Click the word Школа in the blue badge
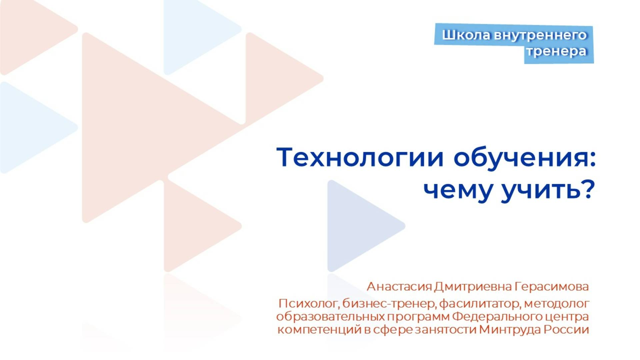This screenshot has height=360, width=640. tap(466, 35)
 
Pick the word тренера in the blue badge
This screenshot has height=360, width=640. tap(556, 51)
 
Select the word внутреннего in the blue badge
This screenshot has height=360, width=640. tap(540, 35)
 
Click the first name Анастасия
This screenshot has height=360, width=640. tap(399, 286)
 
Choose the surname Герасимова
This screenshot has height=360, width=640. tap(552, 286)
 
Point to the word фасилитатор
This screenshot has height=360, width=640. tap(480, 304)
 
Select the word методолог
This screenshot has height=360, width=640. tap(557, 304)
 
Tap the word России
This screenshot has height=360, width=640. tap(566, 329)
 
